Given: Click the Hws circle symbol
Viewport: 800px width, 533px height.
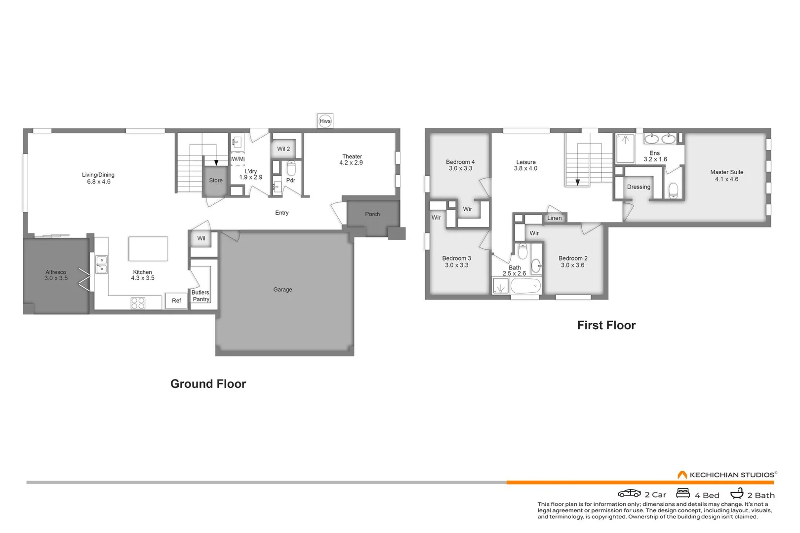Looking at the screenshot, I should click(x=325, y=121).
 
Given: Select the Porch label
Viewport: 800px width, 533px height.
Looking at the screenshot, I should click(x=372, y=214).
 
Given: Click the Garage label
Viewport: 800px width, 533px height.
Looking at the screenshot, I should click(x=282, y=290).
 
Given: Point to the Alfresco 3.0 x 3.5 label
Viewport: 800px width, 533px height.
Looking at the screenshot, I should click(x=56, y=275).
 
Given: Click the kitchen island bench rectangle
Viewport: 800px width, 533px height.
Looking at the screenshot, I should click(x=148, y=249).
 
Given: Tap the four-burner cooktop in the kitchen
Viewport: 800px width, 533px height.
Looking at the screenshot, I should click(x=138, y=303).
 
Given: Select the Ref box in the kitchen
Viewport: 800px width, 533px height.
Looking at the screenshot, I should click(x=176, y=301).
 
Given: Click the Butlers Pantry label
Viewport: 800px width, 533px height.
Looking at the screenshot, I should click(x=200, y=296).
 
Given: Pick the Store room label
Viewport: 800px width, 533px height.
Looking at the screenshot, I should click(x=216, y=181).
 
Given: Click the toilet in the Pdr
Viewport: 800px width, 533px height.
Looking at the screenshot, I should click(x=291, y=169).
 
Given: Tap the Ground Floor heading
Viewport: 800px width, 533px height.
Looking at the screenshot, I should click(x=208, y=384).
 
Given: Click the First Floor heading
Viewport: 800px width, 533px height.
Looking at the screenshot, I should click(x=606, y=325).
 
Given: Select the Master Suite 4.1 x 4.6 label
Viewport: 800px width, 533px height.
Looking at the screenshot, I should click(x=726, y=176).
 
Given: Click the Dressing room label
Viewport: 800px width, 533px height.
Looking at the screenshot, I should click(x=639, y=187).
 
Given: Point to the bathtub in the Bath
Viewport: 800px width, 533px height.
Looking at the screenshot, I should click(x=525, y=286).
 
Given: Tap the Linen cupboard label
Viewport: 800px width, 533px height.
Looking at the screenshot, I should click(x=554, y=218).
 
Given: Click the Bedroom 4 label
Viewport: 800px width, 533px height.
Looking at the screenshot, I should click(x=460, y=165).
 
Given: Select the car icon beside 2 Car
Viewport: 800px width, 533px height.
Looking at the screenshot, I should click(x=629, y=494).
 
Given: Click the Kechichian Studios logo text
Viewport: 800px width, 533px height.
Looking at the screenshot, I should click(x=731, y=475).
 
